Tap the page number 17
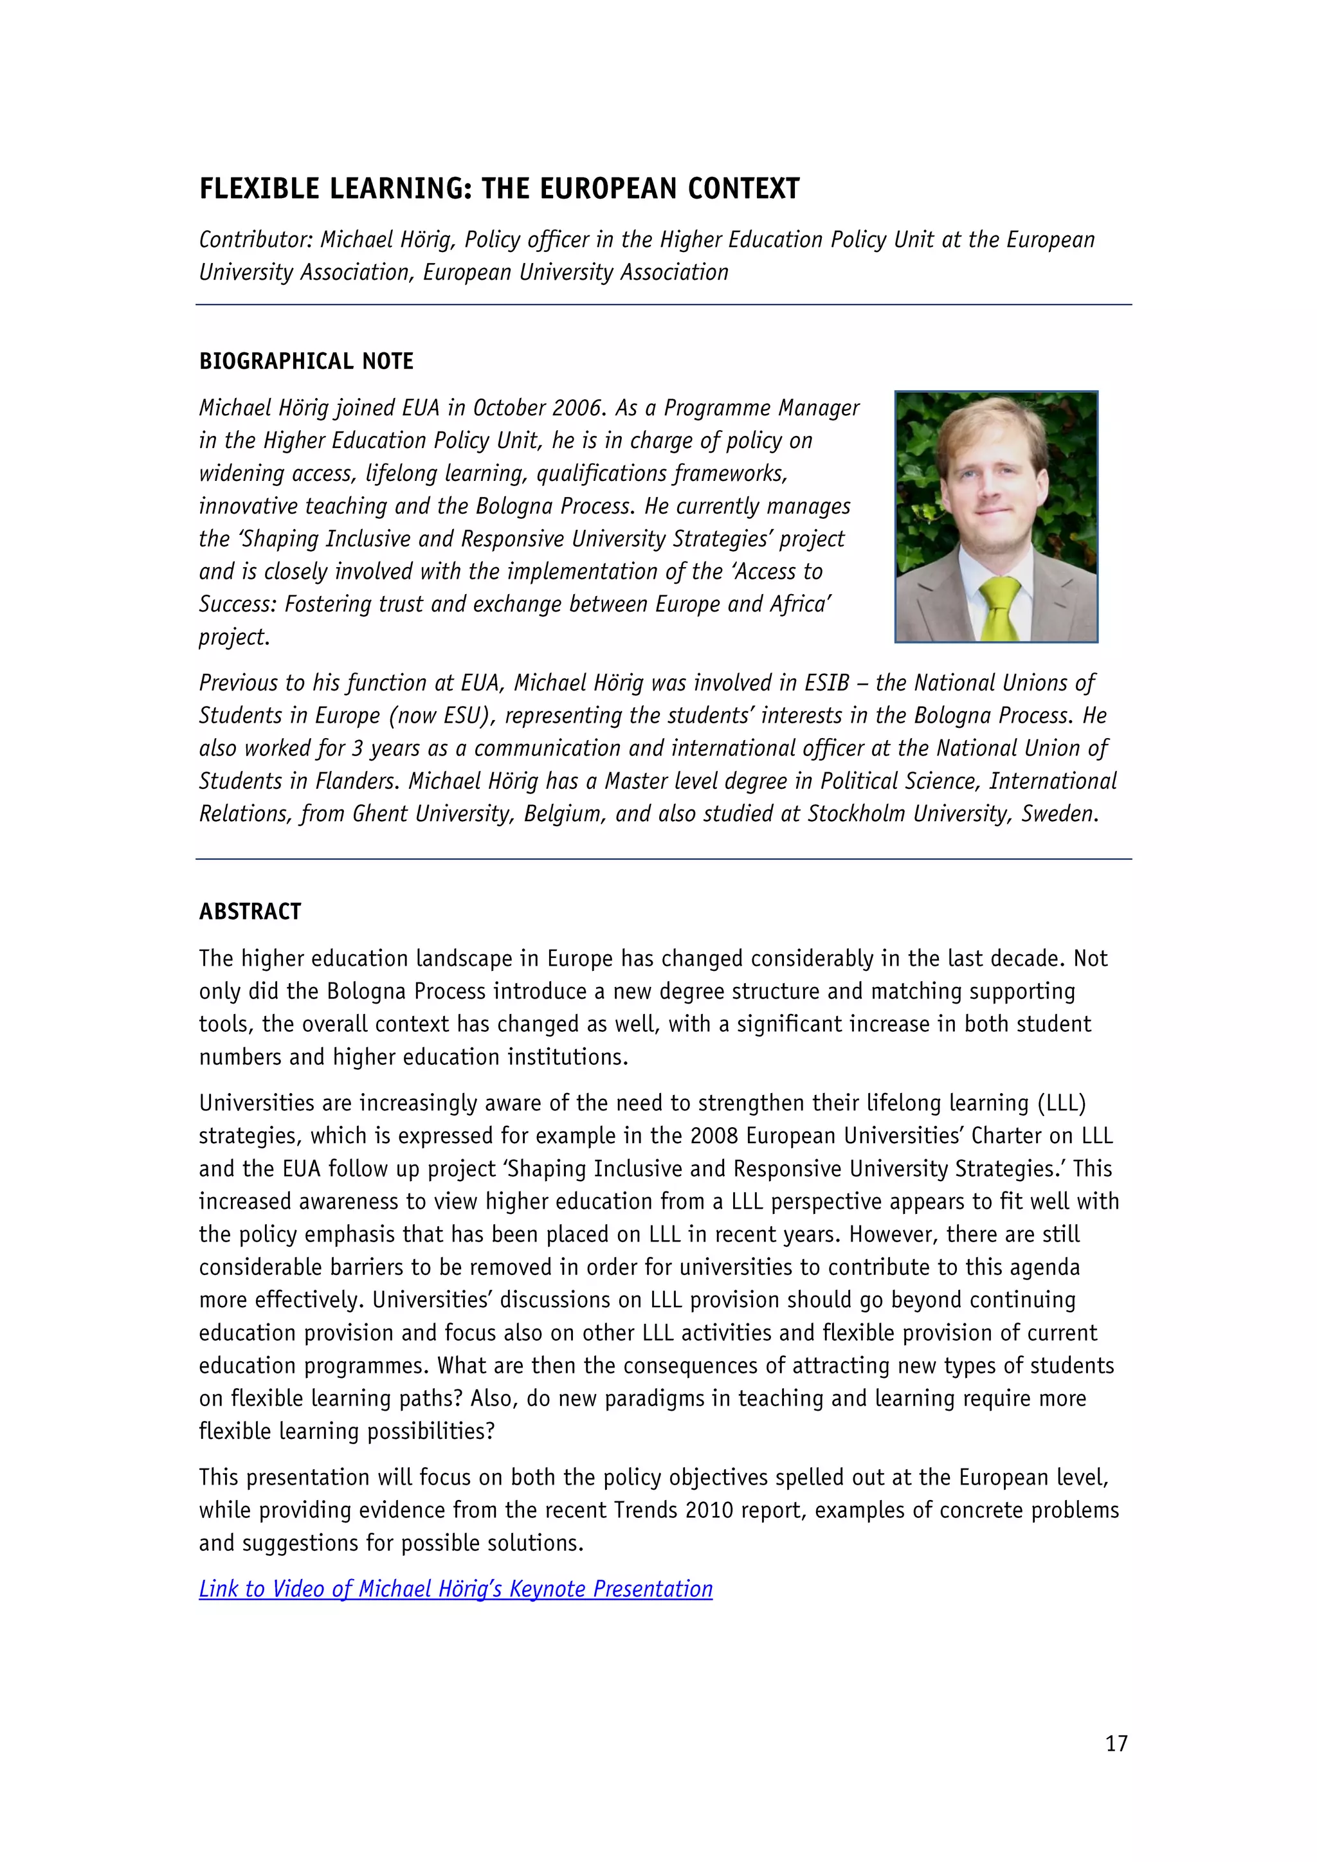coord(1116,1743)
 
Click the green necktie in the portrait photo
coord(1001,610)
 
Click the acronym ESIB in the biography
coord(826,683)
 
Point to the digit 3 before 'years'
coord(357,748)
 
